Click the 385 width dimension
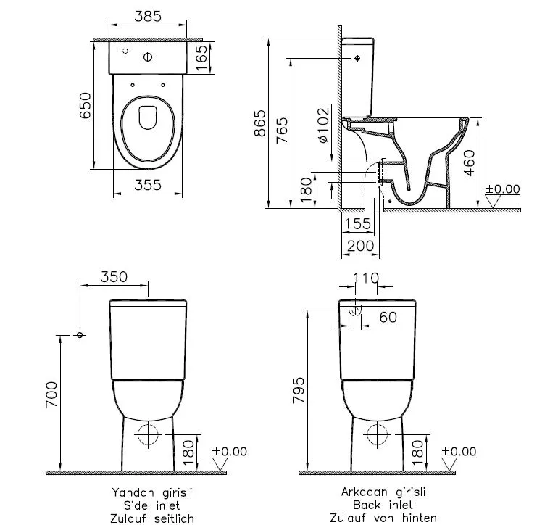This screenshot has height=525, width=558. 148,17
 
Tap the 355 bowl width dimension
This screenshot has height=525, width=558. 148,186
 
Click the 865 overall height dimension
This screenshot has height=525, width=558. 259,123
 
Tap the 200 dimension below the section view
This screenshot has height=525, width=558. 361,247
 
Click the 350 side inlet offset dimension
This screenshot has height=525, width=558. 113,277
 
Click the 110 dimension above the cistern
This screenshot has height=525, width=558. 365,277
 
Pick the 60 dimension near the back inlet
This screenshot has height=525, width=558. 387,317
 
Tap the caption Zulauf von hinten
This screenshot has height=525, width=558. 383,518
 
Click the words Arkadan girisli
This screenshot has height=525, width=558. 383,492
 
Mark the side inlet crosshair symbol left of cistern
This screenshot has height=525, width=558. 80,335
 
